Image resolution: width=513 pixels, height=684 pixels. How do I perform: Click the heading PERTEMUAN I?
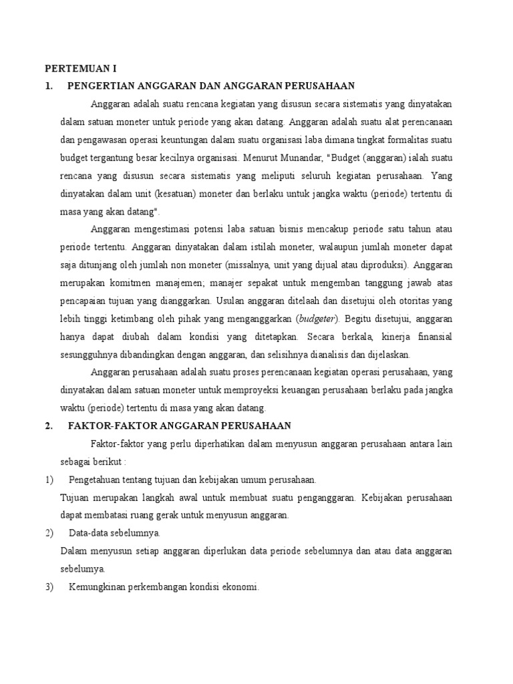[80, 68]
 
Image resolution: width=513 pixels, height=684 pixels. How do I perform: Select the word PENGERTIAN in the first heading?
[100, 85]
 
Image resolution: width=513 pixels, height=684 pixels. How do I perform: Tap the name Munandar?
[283, 158]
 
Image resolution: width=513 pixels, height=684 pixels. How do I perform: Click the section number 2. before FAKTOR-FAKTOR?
[48, 425]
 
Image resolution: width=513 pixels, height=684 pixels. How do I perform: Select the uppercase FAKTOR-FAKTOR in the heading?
[104, 425]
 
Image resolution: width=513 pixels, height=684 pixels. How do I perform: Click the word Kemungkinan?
[100, 587]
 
